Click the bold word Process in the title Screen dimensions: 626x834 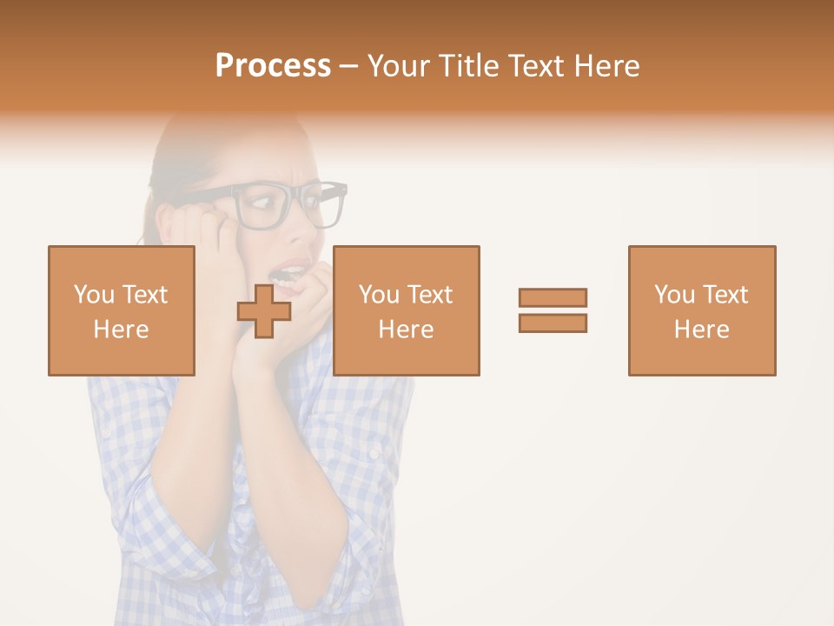[x=273, y=66]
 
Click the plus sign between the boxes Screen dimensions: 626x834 [x=264, y=311]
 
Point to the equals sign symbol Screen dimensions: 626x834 [x=553, y=310]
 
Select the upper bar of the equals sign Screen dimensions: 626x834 [x=553, y=298]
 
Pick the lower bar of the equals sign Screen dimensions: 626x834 [x=553, y=323]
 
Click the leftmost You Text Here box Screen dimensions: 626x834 [x=121, y=310]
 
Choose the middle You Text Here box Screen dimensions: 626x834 [x=406, y=310]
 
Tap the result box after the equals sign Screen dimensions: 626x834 [x=701, y=310]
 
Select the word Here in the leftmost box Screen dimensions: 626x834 [x=121, y=330]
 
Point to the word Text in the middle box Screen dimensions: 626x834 [x=430, y=295]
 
